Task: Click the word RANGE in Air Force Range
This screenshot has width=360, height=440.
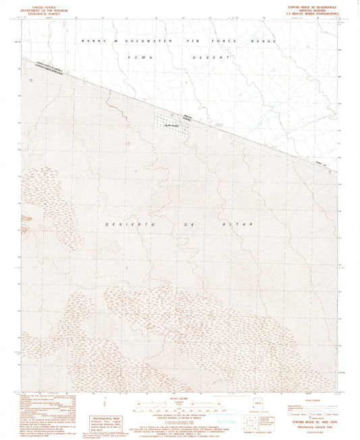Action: pyautogui.click(x=264, y=42)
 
